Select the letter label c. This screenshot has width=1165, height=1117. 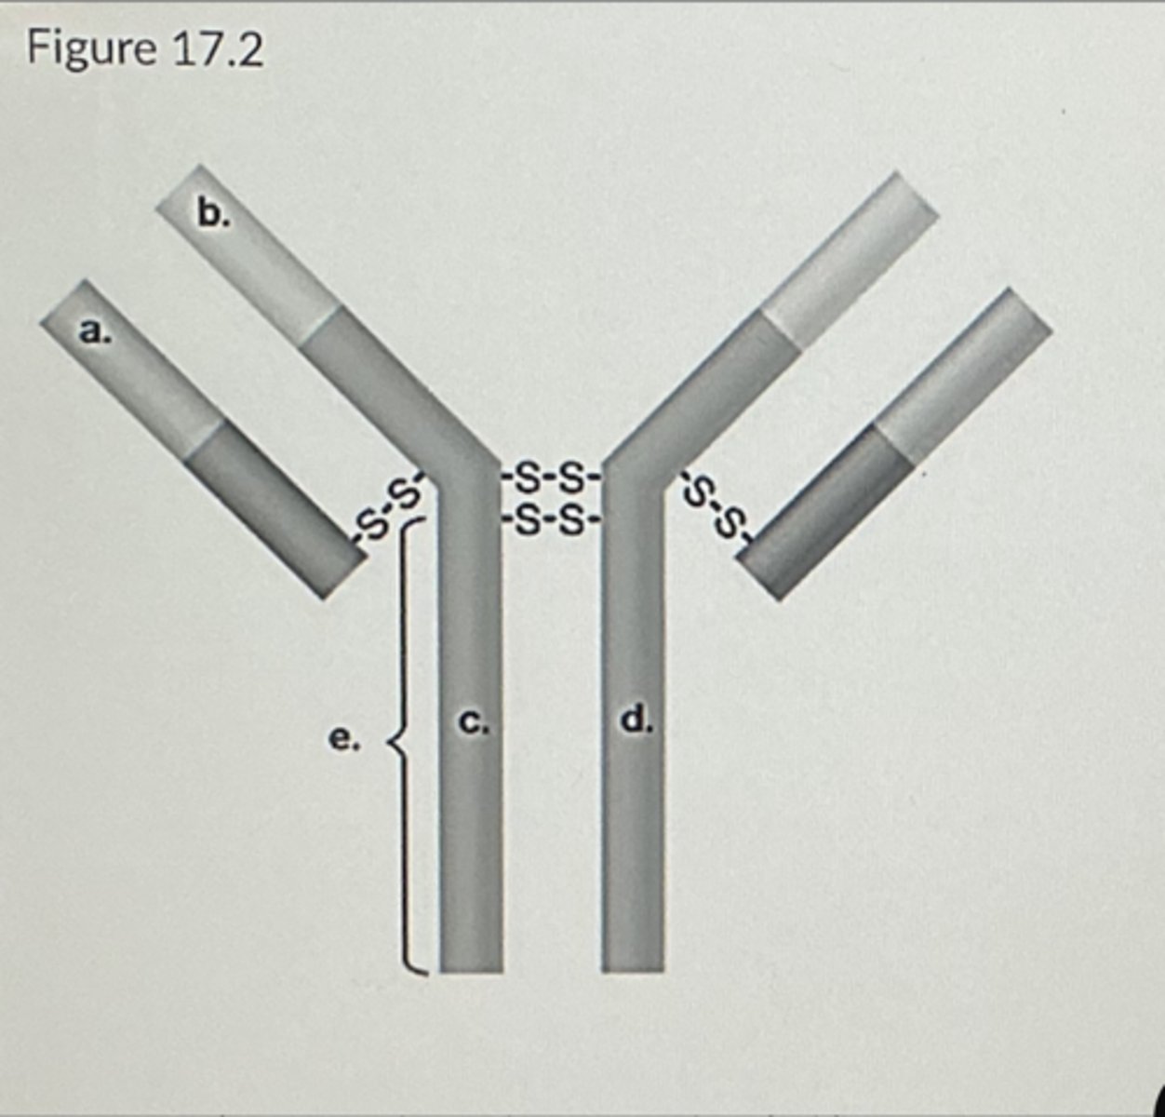coord(474,720)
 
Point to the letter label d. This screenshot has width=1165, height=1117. coord(636,719)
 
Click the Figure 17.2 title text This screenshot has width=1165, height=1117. coord(145,48)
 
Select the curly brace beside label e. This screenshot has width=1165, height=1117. coord(406,745)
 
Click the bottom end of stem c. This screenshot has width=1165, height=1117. coord(472,959)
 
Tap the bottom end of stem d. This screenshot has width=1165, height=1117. coord(633,959)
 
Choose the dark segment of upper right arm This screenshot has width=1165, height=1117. coord(716,391)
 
